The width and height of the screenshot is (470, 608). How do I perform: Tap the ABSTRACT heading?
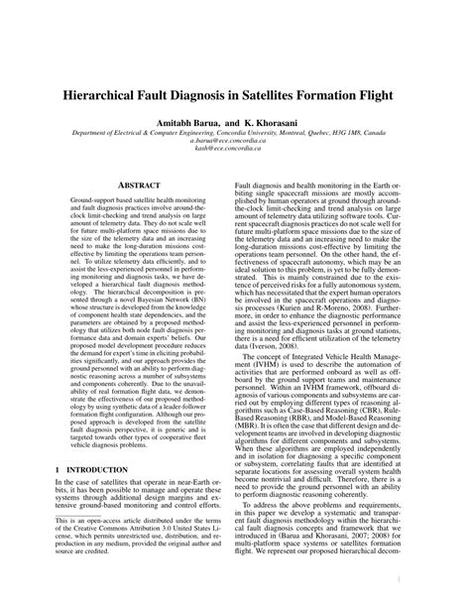(132, 184)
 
